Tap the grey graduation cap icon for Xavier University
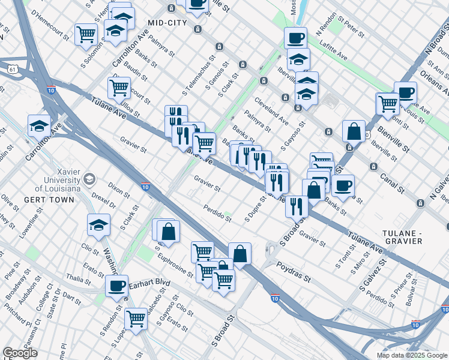89,179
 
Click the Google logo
20,353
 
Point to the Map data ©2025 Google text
411,355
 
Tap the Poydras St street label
294,272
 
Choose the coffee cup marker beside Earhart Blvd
116,286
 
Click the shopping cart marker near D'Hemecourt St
86,34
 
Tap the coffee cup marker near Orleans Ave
406,92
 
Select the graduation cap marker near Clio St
98,225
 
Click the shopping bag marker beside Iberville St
354,131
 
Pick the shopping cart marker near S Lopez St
136,319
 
